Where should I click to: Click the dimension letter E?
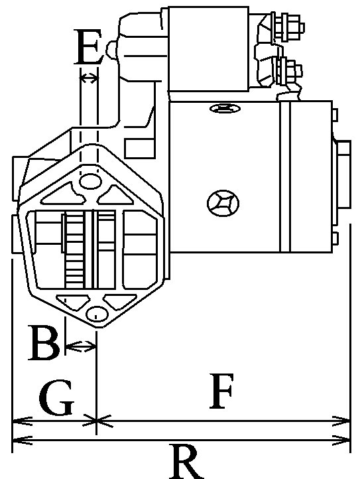tap(88, 47)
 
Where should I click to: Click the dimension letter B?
tap(44, 343)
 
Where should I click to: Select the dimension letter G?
tap(57, 397)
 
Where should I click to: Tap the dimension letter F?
tap(222, 391)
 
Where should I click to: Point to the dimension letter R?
tap(187, 462)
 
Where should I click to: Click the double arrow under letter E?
tap(89, 78)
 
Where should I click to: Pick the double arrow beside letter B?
tap(81, 346)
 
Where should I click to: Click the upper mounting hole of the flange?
tap(90, 182)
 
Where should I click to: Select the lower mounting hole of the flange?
tap(97, 314)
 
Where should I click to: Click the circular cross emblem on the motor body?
tap(223, 203)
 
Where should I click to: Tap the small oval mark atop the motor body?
tap(225, 108)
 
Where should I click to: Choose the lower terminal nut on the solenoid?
tap(288, 71)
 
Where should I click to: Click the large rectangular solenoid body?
tap(209, 49)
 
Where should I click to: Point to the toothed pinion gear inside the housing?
tap(74, 249)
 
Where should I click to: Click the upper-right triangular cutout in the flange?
tap(115, 196)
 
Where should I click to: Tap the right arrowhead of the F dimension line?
tap(342, 421)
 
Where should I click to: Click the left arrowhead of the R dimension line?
tap(21, 441)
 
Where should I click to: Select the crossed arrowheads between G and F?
tap(97, 421)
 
